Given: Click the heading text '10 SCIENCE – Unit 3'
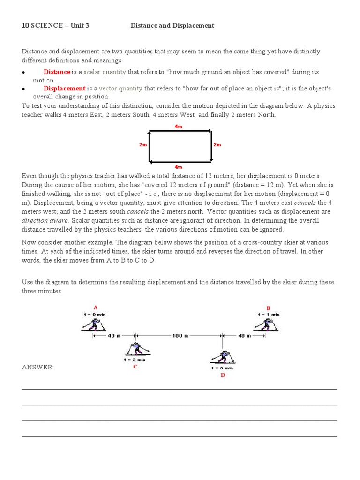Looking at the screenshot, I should click(x=55, y=25).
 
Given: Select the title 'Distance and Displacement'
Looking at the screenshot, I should click(x=172, y=25).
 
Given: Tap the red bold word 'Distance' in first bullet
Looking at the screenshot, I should click(x=57, y=72).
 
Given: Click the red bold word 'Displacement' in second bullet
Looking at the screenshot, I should click(x=65, y=88).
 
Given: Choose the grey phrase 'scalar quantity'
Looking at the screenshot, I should click(x=105, y=72).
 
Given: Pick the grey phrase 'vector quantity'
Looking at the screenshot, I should click(x=120, y=88).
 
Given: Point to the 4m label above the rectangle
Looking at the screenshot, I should click(x=179, y=126).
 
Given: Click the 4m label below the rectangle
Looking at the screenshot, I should click(x=179, y=166).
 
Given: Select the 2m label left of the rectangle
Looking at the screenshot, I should click(x=143, y=145).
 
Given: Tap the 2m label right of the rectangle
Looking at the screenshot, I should click(x=217, y=145).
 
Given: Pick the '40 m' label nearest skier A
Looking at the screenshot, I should click(x=114, y=336).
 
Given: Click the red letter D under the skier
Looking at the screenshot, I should click(x=223, y=375).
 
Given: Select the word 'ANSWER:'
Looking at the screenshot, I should click(x=37, y=367).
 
